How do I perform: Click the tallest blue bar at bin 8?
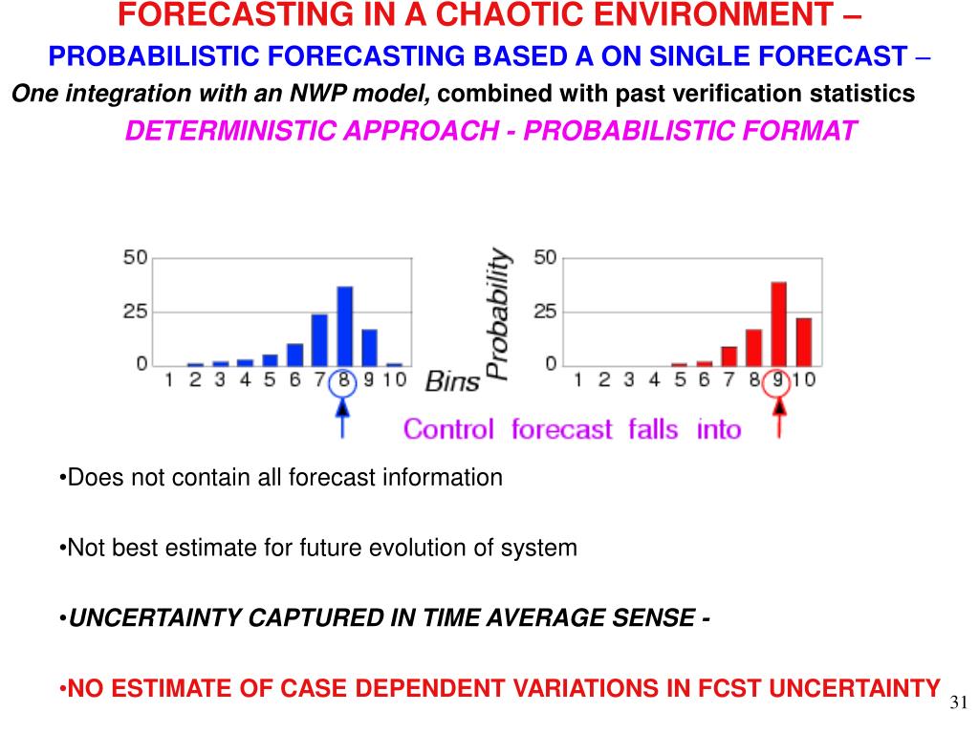tap(344, 326)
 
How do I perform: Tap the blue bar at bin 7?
tap(319, 339)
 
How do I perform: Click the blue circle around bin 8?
tap(344, 381)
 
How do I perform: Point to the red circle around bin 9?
tap(779, 381)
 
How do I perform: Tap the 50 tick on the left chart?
tap(135, 258)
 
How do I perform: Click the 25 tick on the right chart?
tap(545, 312)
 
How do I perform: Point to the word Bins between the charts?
tap(452, 382)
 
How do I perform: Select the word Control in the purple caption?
tap(448, 429)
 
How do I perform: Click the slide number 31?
tap(959, 703)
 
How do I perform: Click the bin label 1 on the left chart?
tap(169, 380)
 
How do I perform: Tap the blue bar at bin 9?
tap(369, 347)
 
